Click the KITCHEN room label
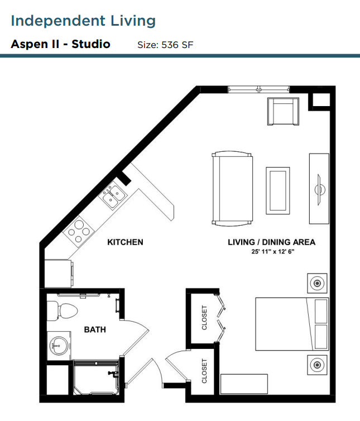pyautogui.click(x=125, y=242)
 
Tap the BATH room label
pyautogui.click(x=95, y=329)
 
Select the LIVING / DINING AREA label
pyautogui.click(x=271, y=242)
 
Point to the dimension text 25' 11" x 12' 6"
pyautogui.click(x=273, y=252)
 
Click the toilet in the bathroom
pyautogui.click(x=63, y=310)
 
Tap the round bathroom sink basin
pyautogui.click(x=58, y=346)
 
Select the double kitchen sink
pyautogui.click(x=113, y=196)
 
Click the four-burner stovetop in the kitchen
pyautogui.click(x=78, y=232)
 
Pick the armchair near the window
pyautogui.click(x=283, y=111)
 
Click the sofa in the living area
pyautogui.click(x=232, y=188)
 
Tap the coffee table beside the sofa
pyautogui.click(x=278, y=190)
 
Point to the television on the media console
pyautogui.click(x=319, y=189)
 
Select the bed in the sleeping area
pyautogui.click(x=292, y=324)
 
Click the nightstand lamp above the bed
pyautogui.click(x=317, y=283)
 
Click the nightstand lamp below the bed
pyautogui.click(x=317, y=365)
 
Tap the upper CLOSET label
pyautogui.click(x=204, y=317)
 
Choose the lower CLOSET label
pyautogui.click(x=204, y=371)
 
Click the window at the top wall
pyautogui.click(x=259, y=89)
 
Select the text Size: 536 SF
pyautogui.click(x=165, y=45)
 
